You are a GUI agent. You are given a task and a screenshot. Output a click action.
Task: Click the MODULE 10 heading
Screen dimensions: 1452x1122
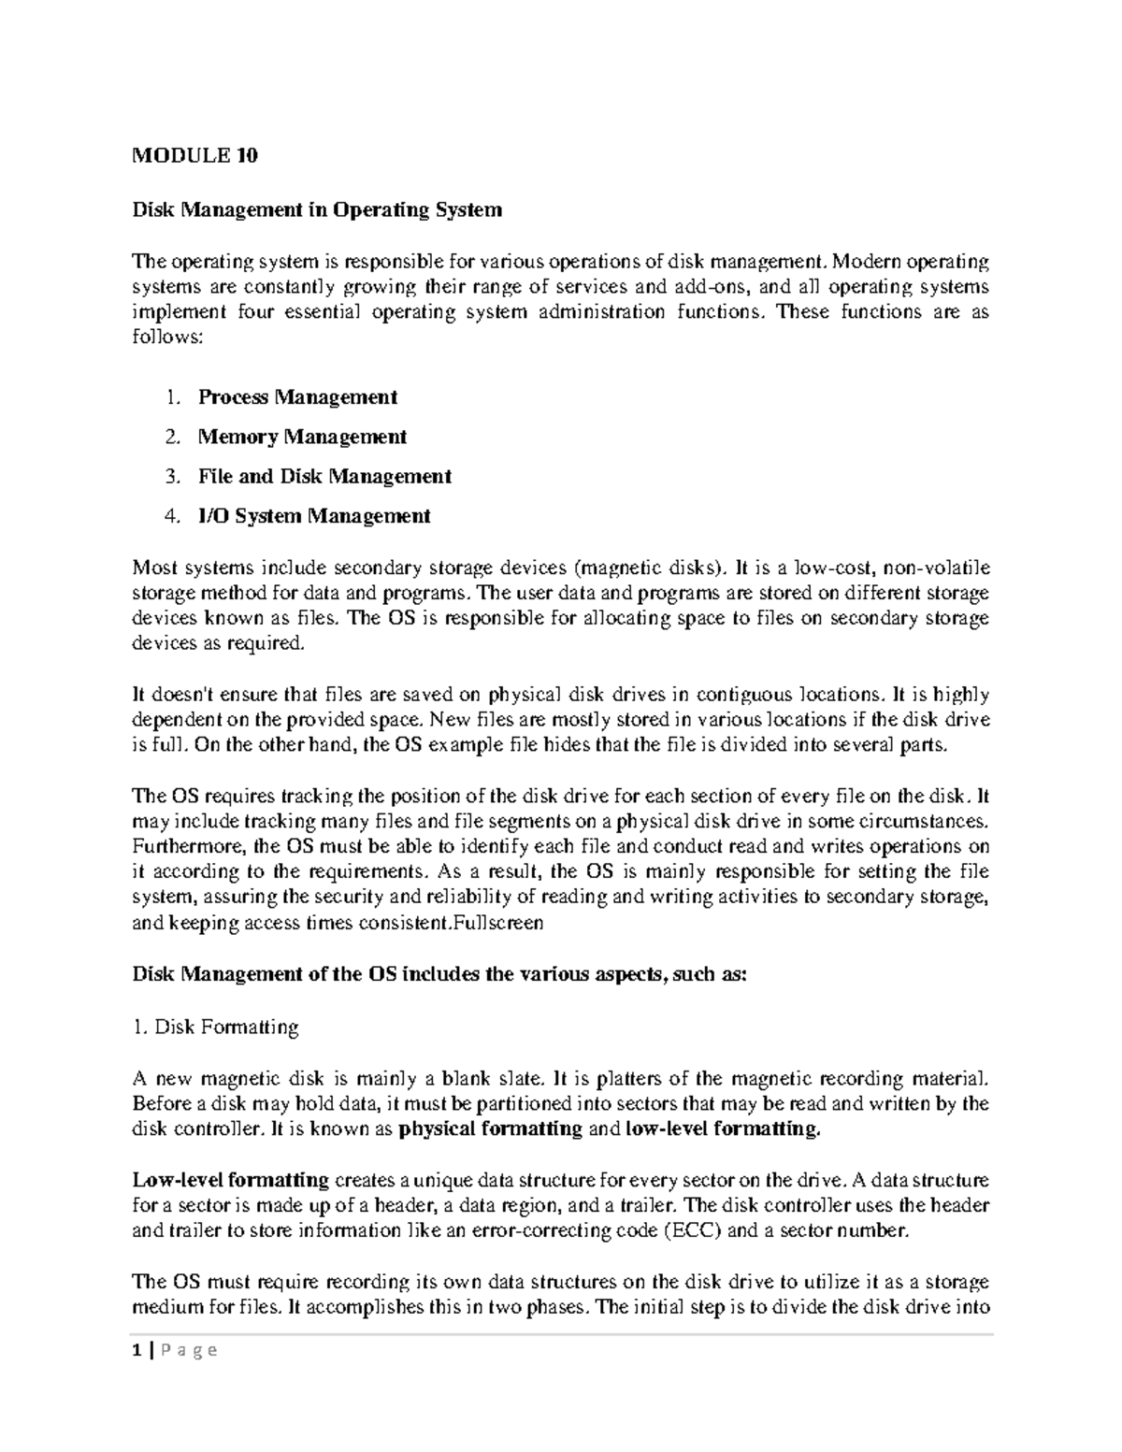[x=194, y=156]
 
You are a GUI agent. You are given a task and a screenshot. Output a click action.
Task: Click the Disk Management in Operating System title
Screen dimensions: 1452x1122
[x=317, y=209]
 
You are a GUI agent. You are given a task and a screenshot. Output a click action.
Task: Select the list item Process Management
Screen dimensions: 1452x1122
[x=297, y=397]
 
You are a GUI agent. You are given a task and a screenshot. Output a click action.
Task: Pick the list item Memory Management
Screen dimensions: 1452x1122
[x=302, y=437]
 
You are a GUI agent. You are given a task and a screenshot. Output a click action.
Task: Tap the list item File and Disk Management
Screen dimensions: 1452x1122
[x=324, y=476]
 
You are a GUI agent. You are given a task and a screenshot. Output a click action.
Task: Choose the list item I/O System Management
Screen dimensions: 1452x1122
[x=314, y=515]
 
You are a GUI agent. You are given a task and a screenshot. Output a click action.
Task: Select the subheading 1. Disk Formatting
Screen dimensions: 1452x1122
[x=215, y=1028]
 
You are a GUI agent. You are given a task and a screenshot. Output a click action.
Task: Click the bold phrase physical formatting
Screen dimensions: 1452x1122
[x=490, y=1129]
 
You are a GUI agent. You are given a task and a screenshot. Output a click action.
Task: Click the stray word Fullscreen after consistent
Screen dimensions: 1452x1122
[x=496, y=923]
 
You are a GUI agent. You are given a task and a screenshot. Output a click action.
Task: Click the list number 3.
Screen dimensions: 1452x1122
[x=171, y=476]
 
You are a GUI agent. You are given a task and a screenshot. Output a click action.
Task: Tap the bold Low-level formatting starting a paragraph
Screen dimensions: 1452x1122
[x=230, y=1179]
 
